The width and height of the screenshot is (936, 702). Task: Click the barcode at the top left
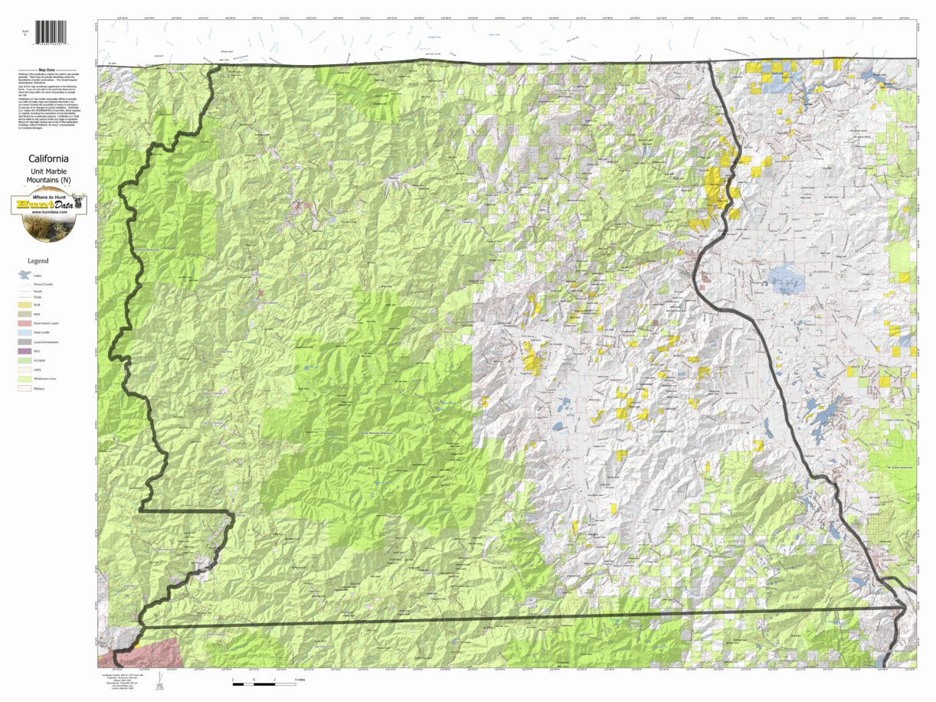(51, 33)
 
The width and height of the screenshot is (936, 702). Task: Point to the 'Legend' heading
(38, 261)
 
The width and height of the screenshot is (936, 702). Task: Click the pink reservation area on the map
(149, 651)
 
